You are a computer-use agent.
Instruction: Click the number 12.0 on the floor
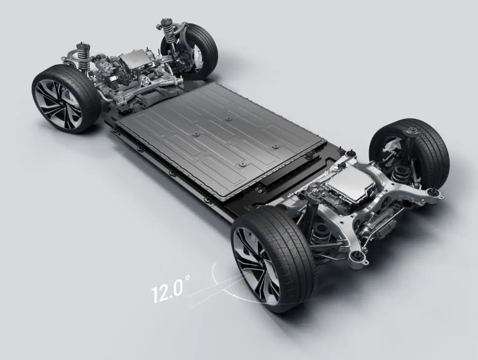[x=168, y=291]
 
